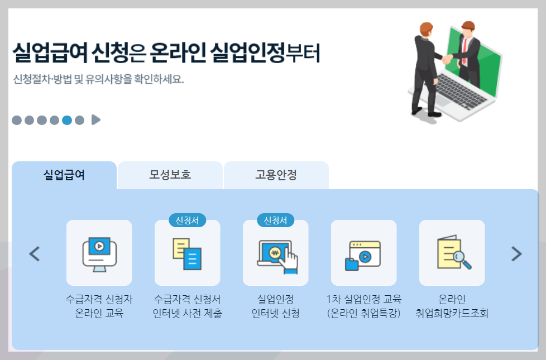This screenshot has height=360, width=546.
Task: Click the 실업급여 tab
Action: pos(64,175)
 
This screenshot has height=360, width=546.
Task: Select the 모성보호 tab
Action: pos(170,175)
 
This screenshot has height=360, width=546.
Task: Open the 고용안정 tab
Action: pos(276,175)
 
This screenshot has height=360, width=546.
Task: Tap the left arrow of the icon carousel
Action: pos(35,254)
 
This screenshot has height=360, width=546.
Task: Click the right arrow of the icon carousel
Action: pos(516,254)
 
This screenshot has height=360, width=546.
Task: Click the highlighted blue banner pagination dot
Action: pos(67,120)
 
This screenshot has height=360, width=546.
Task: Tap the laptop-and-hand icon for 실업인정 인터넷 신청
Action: pos(276,254)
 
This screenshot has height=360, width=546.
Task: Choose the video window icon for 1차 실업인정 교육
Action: pos(364,254)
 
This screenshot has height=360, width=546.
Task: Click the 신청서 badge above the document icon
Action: pos(188,220)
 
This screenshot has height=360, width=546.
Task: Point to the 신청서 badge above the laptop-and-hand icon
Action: pos(276,220)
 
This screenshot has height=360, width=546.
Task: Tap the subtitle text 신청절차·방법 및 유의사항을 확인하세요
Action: pos(98,79)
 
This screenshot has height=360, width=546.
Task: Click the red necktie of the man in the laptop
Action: pos(464,51)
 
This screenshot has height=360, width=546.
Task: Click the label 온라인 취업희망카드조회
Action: pos(452,306)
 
